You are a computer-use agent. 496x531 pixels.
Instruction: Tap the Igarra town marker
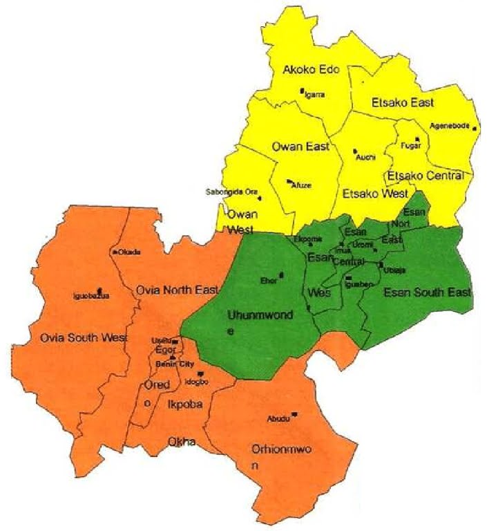point(302,91)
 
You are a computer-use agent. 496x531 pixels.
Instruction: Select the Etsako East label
point(403,103)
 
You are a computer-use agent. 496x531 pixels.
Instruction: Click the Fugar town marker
point(417,139)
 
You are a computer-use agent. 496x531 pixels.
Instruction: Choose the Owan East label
point(301,147)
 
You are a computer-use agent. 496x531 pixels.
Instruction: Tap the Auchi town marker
point(354,151)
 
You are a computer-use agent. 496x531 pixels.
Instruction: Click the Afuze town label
point(300,185)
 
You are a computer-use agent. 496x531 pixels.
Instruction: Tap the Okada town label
point(129,252)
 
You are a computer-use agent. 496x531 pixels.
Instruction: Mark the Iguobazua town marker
point(100,290)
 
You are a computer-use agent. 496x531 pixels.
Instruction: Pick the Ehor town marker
point(282,275)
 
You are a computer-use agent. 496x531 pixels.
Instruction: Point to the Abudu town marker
point(294,414)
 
